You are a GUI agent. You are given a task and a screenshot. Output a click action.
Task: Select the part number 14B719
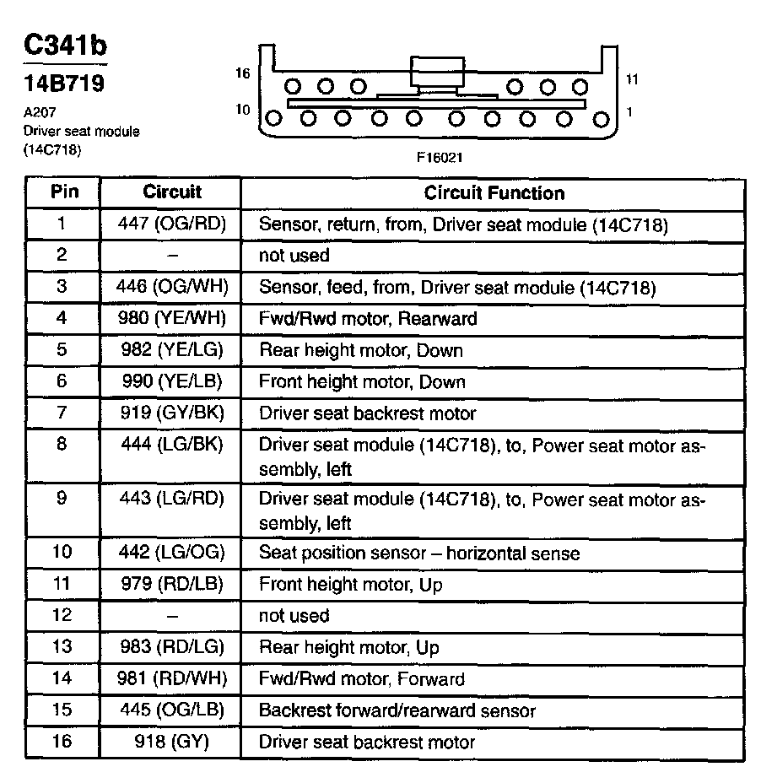pos(63,85)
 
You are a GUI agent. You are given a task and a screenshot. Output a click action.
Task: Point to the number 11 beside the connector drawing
pos(633,79)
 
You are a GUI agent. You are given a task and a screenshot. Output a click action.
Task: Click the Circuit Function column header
pos(494,193)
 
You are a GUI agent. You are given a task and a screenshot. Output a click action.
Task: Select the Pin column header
pos(64,192)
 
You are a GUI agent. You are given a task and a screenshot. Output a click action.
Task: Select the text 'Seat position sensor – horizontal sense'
pos(419,553)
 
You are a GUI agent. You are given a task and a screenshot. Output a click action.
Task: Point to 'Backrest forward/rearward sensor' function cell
pos(397,711)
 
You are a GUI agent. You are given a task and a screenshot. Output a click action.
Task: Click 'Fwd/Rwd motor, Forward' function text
pos(362,679)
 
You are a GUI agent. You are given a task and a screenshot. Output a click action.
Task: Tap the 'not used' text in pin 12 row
pos(294,616)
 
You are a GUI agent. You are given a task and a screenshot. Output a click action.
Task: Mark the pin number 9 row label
pos(62,498)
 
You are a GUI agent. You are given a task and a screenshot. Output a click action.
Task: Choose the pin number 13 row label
pos(62,647)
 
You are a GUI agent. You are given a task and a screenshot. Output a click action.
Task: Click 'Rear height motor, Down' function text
pos(361,350)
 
